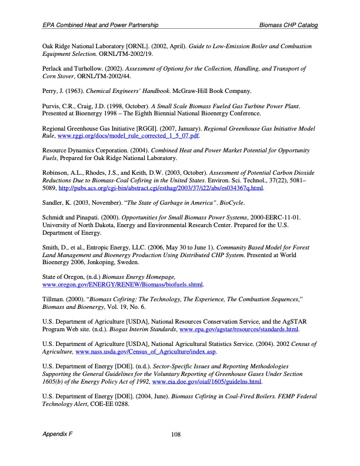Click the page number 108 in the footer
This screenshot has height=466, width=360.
(x=175, y=435)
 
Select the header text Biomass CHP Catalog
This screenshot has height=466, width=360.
(x=288, y=26)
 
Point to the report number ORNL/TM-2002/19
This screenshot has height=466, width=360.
(x=126, y=54)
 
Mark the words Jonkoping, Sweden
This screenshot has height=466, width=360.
(x=114, y=262)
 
